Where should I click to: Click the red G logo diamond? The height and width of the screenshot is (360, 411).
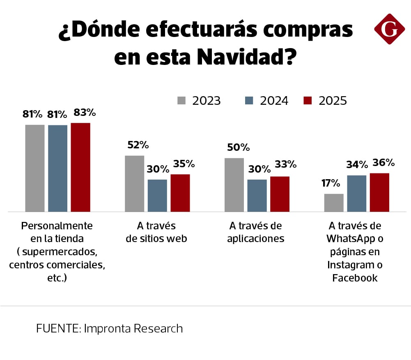point(389,29)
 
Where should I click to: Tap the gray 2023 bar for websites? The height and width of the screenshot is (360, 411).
point(134,184)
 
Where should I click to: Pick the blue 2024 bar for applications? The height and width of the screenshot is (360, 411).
point(257,195)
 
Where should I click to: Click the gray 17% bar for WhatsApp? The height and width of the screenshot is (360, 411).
point(334,203)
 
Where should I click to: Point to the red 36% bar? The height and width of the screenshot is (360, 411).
point(379,192)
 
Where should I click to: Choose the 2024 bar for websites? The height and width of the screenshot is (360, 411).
point(157,195)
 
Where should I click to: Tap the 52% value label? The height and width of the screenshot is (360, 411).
point(138,145)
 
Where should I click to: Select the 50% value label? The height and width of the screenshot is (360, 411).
point(238,148)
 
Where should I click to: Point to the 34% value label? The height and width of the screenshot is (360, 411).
point(357,165)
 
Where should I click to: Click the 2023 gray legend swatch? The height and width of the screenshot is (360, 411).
point(182,101)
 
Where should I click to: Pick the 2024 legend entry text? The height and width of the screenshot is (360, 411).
point(274,101)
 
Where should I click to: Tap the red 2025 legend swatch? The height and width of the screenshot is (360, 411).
point(308,101)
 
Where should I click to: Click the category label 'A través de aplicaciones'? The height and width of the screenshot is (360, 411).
point(255,232)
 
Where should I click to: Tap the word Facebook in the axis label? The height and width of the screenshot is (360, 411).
point(355,278)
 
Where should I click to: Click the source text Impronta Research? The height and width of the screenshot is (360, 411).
point(133,329)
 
